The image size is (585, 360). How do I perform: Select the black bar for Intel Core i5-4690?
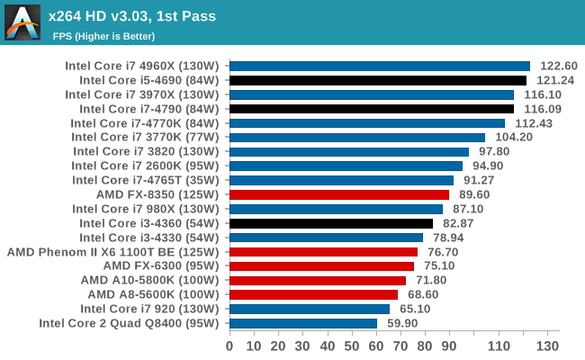[x=378, y=80]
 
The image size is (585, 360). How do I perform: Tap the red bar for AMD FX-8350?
[x=339, y=194]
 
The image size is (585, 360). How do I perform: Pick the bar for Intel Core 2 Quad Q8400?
[x=303, y=323]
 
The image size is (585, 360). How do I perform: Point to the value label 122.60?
[x=559, y=66]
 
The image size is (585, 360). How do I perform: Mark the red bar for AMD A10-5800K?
[x=318, y=280]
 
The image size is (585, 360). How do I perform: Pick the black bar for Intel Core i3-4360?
[x=331, y=223]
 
